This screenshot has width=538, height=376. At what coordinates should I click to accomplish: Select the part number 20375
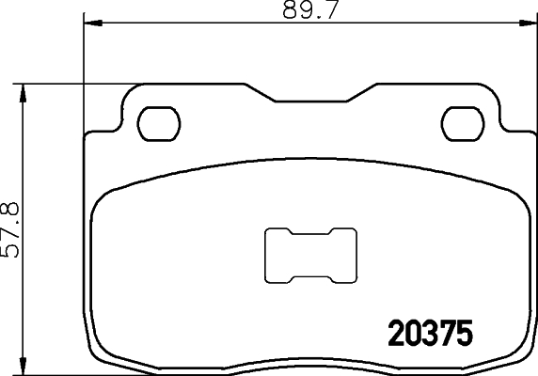[429, 335]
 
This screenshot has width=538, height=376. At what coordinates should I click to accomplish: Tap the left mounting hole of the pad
[158, 121]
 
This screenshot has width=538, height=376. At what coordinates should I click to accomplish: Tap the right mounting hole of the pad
[462, 121]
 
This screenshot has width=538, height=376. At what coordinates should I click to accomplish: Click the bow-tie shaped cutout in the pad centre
[311, 256]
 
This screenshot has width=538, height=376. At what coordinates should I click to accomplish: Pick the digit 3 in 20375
[429, 335]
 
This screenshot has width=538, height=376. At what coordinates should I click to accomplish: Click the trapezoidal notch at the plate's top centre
[310, 97]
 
